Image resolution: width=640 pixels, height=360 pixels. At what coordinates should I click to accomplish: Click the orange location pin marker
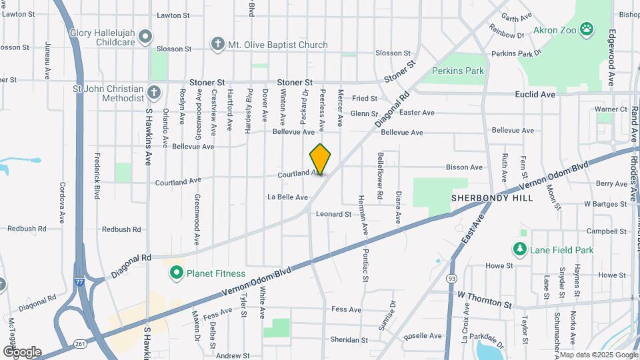[x=320, y=159]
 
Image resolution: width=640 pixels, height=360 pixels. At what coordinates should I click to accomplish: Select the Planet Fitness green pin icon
[x=176, y=273]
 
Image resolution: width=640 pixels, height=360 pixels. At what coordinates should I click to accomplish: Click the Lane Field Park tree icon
[x=519, y=249]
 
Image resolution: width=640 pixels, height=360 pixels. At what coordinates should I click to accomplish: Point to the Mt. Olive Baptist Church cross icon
[x=217, y=45]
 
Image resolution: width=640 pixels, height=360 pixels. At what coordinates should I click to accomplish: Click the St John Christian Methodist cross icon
[x=154, y=93]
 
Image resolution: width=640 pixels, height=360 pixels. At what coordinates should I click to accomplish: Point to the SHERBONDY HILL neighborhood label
[x=491, y=199]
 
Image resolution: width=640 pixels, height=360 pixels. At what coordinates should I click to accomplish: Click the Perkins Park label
[x=458, y=70]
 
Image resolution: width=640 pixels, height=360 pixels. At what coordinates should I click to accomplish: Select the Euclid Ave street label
[x=535, y=95]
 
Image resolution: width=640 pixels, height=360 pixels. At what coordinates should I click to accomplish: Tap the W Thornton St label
[x=484, y=297]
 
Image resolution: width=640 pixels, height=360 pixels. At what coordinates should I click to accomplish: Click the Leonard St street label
[x=333, y=214]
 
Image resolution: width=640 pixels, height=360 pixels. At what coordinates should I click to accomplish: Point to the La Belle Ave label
[x=287, y=197]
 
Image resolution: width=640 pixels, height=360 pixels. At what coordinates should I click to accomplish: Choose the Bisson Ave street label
[x=465, y=167]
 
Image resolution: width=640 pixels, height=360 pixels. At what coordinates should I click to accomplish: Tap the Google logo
[x=21, y=351]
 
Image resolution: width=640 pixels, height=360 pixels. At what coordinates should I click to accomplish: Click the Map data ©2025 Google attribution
[x=598, y=355]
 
